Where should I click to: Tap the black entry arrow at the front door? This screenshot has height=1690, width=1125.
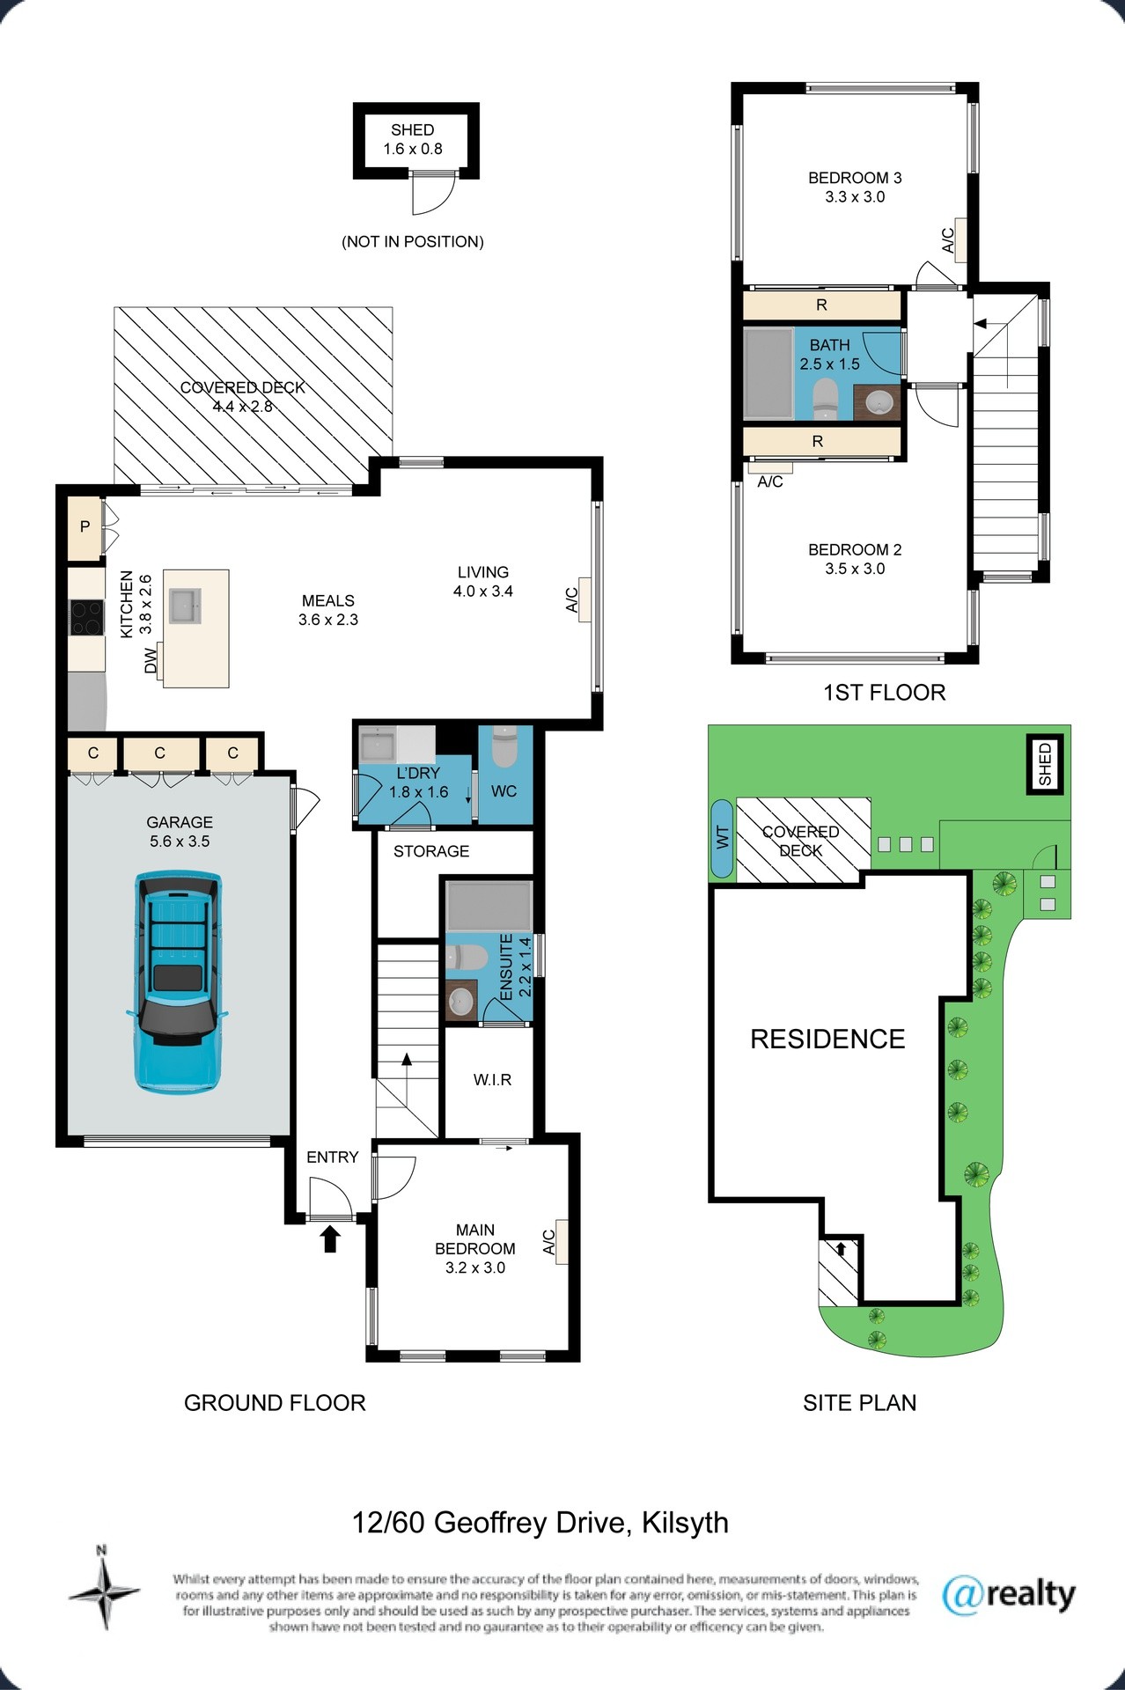[x=330, y=1239]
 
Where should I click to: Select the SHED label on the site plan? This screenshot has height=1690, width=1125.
[x=1045, y=764]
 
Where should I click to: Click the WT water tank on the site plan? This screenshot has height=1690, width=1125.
[x=723, y=839]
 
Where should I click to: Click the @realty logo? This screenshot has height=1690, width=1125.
[x=1009, y=1594]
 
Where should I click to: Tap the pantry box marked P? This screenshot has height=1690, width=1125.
[x=85, y=527]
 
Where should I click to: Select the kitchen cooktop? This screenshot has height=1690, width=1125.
[x=86, y=616]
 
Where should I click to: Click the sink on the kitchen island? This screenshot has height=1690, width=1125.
[x=185, y=606]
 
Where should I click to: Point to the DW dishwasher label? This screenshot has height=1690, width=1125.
[x=151, y=660]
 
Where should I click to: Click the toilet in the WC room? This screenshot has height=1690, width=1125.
[x=504, y=747]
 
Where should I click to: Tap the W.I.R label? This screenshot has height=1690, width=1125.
[x=492, y=1079]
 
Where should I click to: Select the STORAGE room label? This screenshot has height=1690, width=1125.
[x=431, y=851]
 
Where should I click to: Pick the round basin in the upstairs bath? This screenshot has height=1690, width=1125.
[x=879, y=403]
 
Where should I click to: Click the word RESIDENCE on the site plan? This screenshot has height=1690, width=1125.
[x=827, y=1039]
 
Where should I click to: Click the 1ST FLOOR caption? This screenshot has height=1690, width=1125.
[x=884, y=693]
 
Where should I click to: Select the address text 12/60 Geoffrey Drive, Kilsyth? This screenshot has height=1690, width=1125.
[x=540, y=1523]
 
